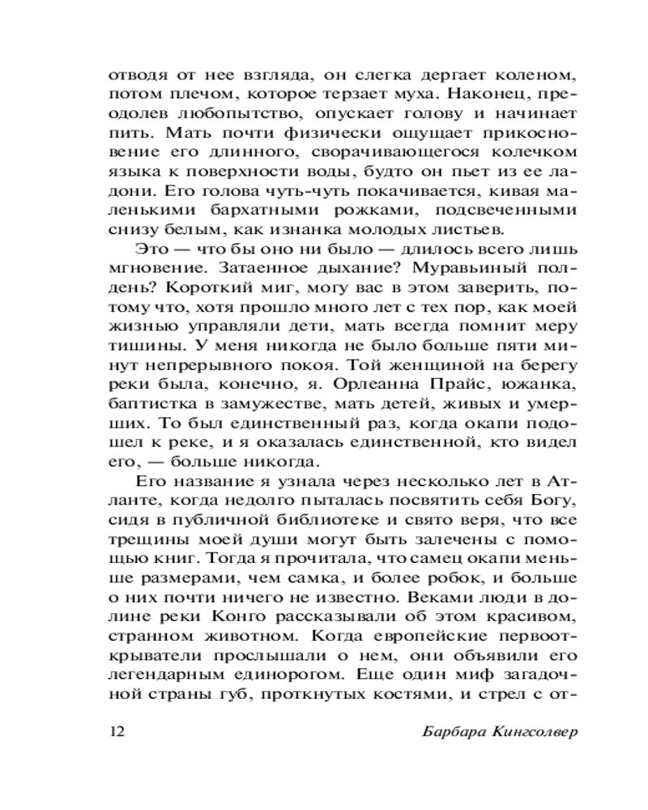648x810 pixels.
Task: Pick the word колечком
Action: (538, 153)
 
